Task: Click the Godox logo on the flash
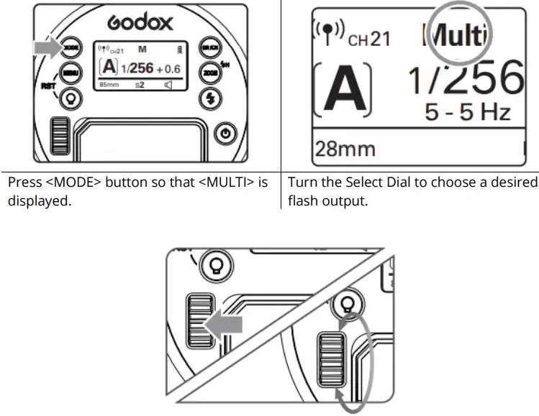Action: pos(140,22)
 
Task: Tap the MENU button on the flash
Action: pos(70,73)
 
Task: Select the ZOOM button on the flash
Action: pos(209,73)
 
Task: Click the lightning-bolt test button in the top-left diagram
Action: pos(209,98)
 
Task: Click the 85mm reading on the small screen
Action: pos(108,83)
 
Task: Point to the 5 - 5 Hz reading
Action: pos(468,113)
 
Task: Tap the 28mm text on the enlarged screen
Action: pos(344,149)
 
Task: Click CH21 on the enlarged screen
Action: pos(368,38)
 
